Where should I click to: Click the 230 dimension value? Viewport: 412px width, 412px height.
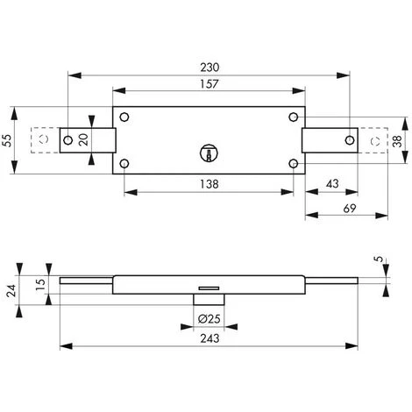pos(209,67)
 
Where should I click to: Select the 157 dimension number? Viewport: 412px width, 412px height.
pos(209,84)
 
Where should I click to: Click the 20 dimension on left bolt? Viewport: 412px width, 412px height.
pos(84,139)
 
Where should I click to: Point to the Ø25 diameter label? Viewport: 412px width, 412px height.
pos(209,318)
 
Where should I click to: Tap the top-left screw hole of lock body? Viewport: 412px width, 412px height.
pos(125,118)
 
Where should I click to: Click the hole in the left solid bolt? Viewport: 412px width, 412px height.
pos(67,139)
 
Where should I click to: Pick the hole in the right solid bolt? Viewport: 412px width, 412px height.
pos(349,139)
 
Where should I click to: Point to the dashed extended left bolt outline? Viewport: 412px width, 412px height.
pos(39,139)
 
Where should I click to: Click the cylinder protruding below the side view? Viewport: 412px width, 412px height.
pos(209,300)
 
